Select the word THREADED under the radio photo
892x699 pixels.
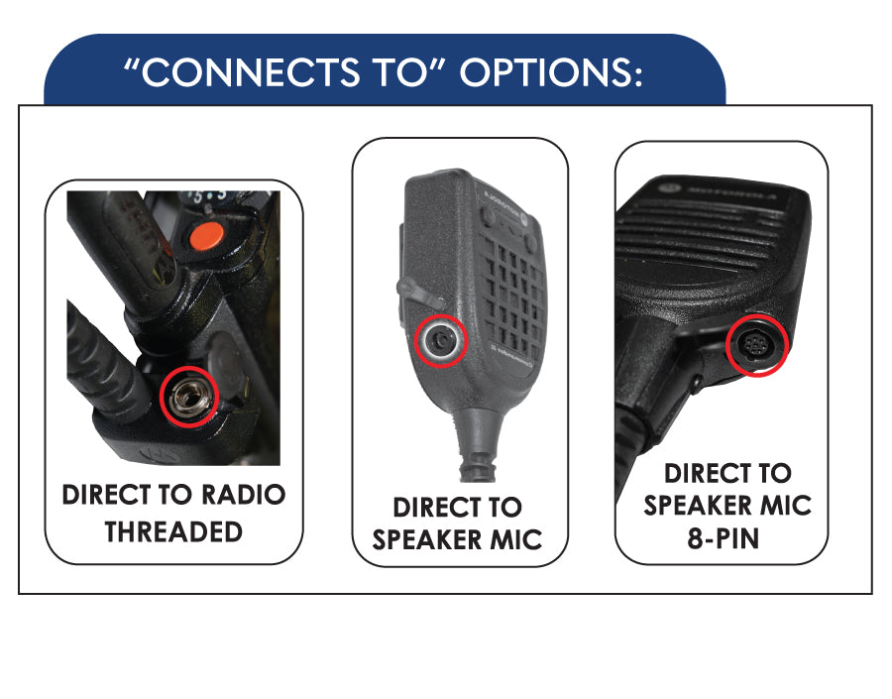tap(173, 531)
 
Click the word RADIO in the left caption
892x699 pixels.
tap(243, 495)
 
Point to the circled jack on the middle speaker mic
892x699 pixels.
tap(440, 341)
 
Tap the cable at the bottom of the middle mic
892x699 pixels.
tap(476, 457)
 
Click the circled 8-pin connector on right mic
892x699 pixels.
tap(758, 346)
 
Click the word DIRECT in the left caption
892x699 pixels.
tap(109, 495)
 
